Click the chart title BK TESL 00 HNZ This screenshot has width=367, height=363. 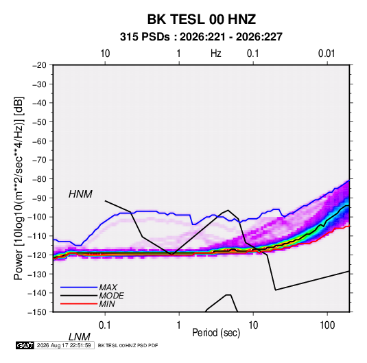tap(201, 19)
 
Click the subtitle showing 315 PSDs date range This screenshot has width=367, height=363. tap(201, 37)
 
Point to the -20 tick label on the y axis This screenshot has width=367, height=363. tap(40, 65)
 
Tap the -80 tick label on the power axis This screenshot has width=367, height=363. tap(40, 179)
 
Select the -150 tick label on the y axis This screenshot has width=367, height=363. tap(38, 312)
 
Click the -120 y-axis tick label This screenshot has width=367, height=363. tap(38, 255)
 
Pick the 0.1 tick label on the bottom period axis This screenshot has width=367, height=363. tap(105, 325)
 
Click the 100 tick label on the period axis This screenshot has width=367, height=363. tap(327, 325)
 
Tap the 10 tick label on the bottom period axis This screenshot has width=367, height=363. tap(253, 325)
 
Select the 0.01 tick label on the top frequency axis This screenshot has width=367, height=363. tap(327, 54)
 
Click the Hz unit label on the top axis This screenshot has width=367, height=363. tap(215, 54)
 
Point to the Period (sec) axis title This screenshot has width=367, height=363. tap(216, 333)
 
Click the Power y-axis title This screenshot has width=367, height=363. tap(19, 188)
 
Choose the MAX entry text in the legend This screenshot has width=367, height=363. tap(108, 288)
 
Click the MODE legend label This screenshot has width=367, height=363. tap(111, 296)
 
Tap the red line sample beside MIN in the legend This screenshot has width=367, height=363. tap(79, 304)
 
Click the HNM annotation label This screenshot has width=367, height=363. tap(80, 194)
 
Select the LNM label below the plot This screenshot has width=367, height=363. tap(80, 337)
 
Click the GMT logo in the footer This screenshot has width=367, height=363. tap(25, 345)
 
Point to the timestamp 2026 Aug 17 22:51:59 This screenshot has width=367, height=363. tap(64, 345)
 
